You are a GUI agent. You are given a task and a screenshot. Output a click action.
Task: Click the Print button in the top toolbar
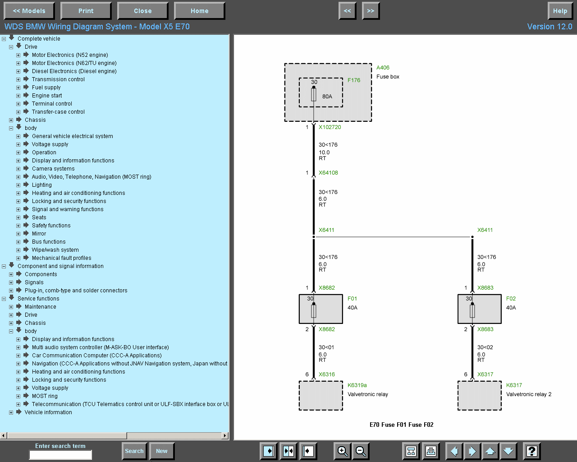(x=86, y=11)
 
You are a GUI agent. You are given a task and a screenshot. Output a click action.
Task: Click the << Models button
(x=29, y=11)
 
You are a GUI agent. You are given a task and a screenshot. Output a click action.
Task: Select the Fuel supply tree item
(x=46, y=88)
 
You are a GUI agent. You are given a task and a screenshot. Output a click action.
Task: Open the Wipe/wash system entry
(x=55, y=250)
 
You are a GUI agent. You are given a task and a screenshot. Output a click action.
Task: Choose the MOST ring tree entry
(x=45, y=396)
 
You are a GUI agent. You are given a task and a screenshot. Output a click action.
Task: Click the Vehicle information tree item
(x=48, y=412)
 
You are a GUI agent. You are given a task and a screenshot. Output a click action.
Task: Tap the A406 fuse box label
(x=383, y=68)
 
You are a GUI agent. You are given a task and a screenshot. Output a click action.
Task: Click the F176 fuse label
(x=354, y=80)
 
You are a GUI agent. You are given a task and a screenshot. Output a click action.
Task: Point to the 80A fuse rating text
(x=327, y=97)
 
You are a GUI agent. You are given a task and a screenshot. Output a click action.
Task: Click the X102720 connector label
(x=330, y=127)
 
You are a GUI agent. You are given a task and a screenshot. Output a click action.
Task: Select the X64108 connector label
(x=328, y=173)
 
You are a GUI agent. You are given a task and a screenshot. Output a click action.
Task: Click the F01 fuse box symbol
(x=321, y=309)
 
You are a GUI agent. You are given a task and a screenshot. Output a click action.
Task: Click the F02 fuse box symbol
(x=479, y=309)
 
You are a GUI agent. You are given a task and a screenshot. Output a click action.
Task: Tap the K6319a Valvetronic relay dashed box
(x=321, y=396)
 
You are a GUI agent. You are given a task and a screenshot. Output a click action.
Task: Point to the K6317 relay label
(x=514, y=385)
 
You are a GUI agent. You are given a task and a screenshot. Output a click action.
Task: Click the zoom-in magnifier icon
(x=343, y=451)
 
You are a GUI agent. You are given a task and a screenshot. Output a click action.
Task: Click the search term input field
(x=60, y=455)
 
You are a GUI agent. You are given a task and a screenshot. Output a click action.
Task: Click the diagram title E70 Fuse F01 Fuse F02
(x=401, y=425)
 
